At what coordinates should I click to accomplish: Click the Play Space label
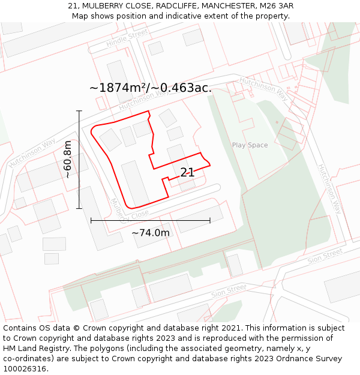point(250,145)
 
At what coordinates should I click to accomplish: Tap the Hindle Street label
point(127,38)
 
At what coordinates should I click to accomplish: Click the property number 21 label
point(187,172)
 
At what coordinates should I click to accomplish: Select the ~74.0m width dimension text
point(151,233)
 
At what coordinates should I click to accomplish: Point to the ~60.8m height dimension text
point(68,159)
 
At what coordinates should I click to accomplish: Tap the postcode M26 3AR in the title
point(276,6)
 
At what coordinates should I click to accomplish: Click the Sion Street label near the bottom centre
point(229,292)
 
